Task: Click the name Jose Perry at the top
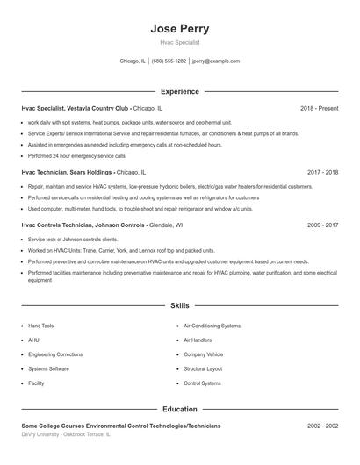[x=180, y=28]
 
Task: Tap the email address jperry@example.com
[x=215, y=61]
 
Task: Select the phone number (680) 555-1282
[x=169, y=61]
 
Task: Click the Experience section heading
[x=180, y=91]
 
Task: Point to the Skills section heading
[x=180, y=305]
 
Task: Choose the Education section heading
[x=180, y=409]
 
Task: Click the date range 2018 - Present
[x=319, y=108]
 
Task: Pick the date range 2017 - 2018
[x=322, y=173]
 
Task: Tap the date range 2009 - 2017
[x=322, y=225]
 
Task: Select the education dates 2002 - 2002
[x=322, y=426]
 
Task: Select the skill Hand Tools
[x=40, y=325]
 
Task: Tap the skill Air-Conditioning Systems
[x=212, y=325]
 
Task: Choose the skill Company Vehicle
[x=203, y=354]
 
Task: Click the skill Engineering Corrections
[x=54, y=354]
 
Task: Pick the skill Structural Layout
[x=203, y=368]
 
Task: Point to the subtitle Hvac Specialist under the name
[x=180, y=42]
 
